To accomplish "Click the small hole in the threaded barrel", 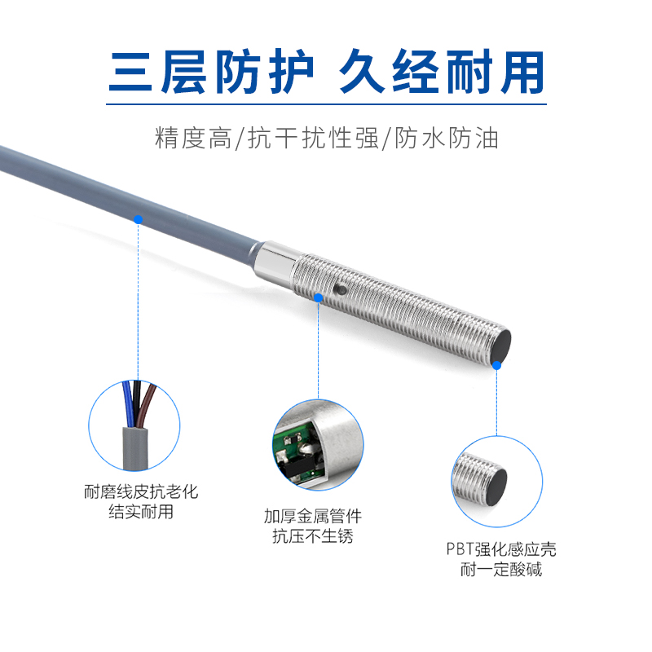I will pyautogui.click(x=340, y=289).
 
